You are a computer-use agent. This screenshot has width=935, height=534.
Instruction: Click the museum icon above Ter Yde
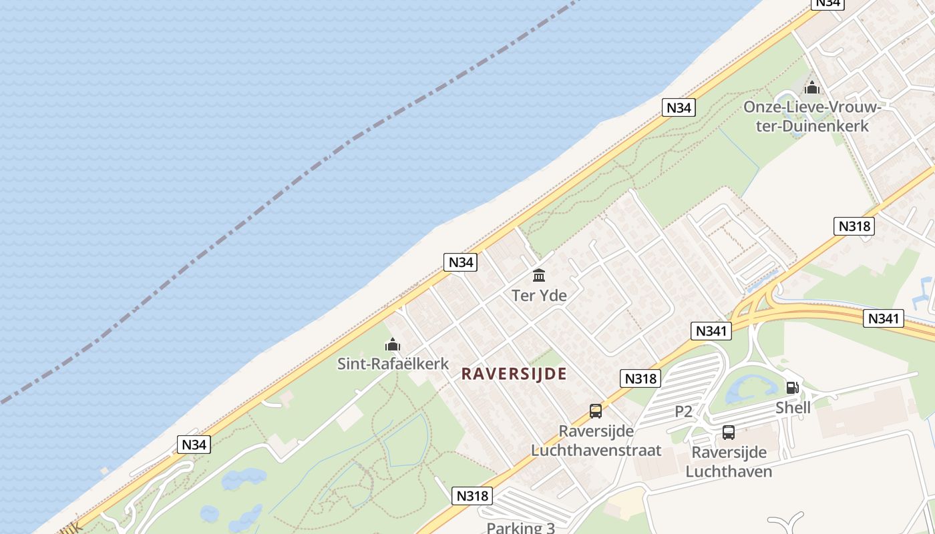pos(539,275)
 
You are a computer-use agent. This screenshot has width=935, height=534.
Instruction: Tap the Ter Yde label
pos(539,295)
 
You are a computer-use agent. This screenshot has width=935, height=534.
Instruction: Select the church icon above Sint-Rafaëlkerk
pos(393,344)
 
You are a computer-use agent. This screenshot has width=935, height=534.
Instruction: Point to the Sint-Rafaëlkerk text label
pos(393,364)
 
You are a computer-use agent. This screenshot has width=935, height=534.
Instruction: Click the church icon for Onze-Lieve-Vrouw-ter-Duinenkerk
pos(812,87)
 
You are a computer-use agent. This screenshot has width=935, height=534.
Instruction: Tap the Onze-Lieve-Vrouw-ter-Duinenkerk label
pos(812,116)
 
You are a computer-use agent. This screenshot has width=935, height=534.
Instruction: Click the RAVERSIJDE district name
pos(514,374)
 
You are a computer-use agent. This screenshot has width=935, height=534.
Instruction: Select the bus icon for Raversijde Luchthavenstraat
pos(596,411)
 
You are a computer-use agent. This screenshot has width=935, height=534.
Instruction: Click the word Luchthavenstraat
pos(596,450)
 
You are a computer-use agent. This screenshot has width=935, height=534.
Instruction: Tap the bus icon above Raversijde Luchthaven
pos(729,433)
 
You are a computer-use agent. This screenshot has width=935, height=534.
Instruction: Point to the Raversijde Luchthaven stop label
pos(729,462)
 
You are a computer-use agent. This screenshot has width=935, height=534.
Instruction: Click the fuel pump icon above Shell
pos(793,387)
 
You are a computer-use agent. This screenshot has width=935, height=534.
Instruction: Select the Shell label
pos(793,407)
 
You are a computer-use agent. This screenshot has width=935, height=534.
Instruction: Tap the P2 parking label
pos(683,411)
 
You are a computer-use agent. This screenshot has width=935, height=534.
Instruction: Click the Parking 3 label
pos(520,527)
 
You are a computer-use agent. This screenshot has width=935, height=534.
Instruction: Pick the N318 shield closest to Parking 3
pos(472,495)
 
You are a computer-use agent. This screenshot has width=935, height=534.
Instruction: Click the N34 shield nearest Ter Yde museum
pos(461,262)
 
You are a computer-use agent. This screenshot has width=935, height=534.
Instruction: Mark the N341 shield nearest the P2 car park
pos(713,330)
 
